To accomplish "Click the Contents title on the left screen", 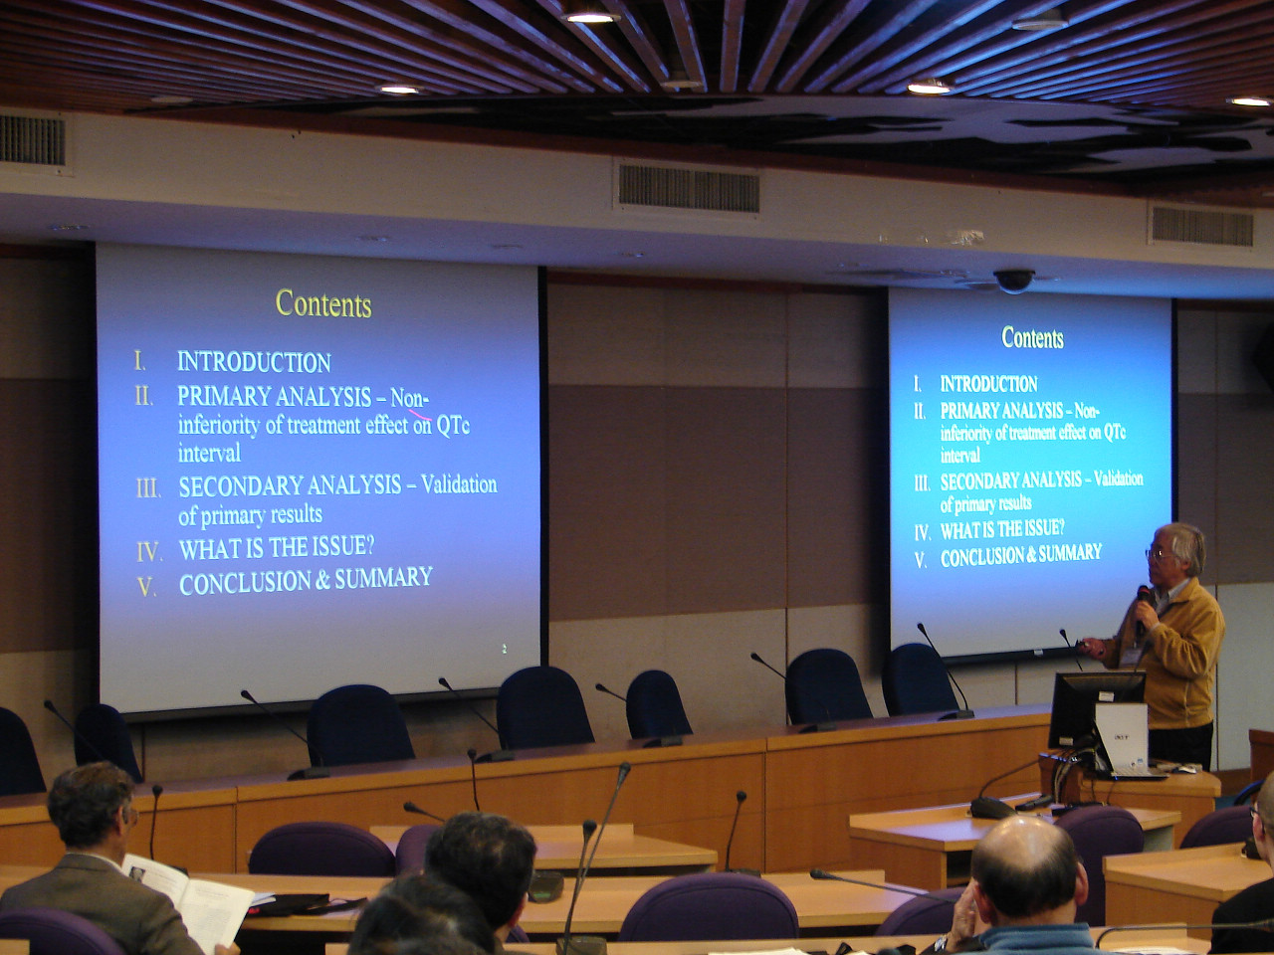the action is point(323,303).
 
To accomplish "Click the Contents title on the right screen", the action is point(1032,337).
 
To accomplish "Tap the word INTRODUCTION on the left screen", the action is point(254,362).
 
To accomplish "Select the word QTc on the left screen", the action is point(453,425).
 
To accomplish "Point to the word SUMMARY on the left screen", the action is point(383,578).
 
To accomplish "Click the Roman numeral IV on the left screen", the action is point(149,551).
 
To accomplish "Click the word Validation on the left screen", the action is point(459,484).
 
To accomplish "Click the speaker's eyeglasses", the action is point(1157,554).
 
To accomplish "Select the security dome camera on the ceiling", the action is point(1013,281).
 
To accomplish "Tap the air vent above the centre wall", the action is point(689,188).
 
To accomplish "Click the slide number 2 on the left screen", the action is point(505,650).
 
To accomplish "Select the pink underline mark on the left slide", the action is point(420,414).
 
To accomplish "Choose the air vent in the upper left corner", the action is point(34,140).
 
